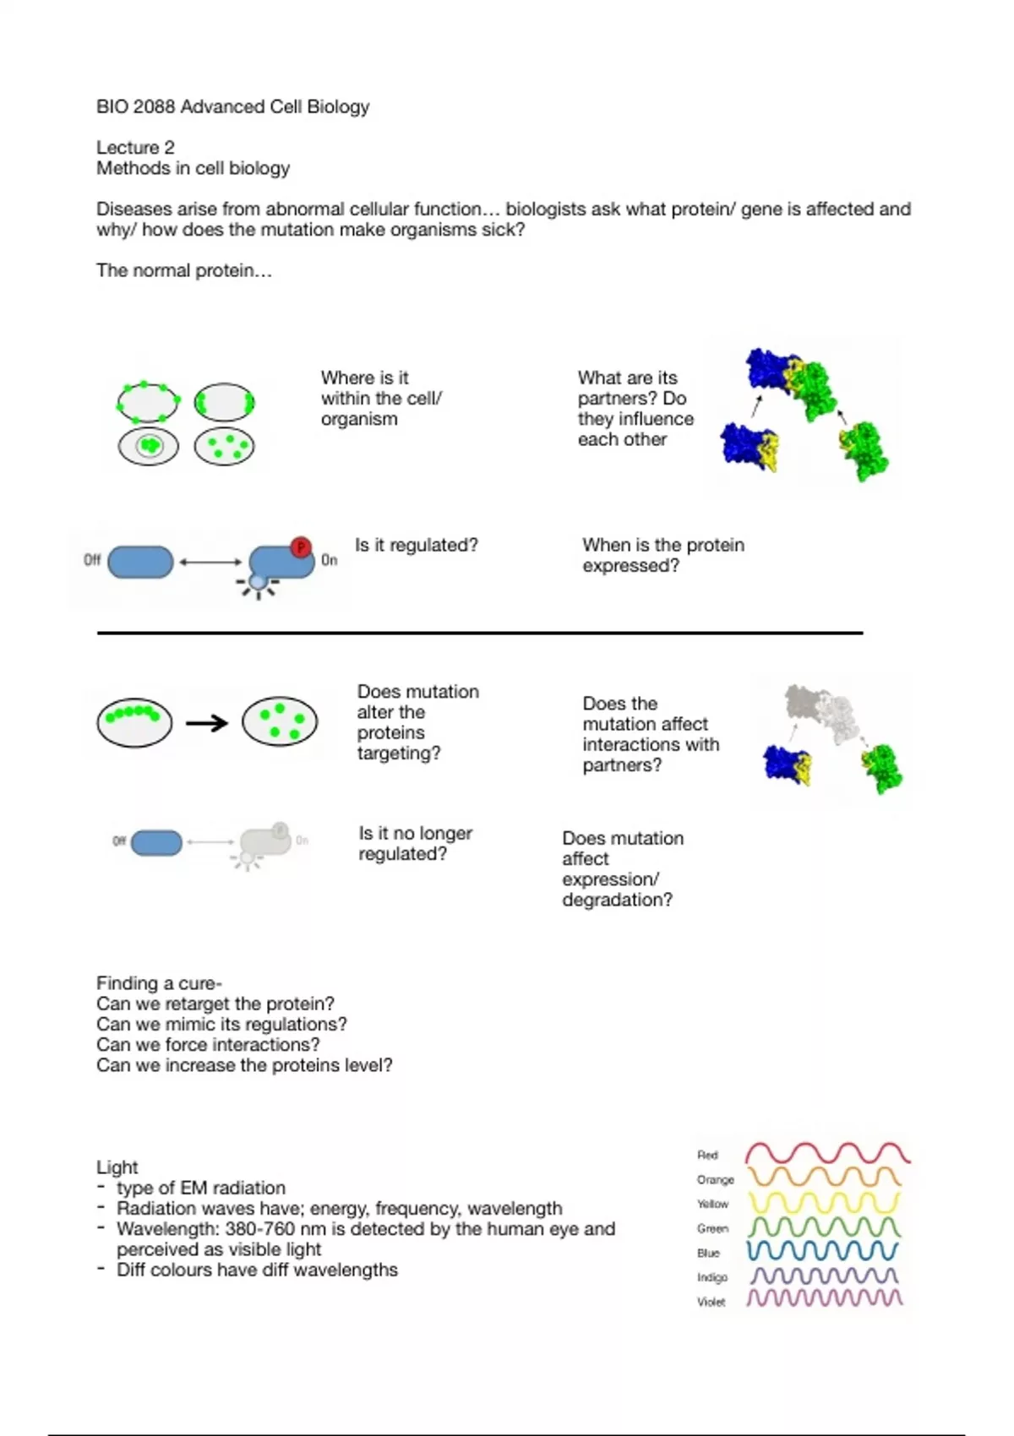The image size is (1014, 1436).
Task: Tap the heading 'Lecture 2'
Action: pyautogui.click(x=135, y=148)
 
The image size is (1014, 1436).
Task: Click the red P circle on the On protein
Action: pyautogui.click(x=300, y=547)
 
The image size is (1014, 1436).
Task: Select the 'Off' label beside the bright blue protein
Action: pyautogui.click(x=92, y=560)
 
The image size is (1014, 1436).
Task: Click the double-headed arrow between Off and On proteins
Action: pyautogui.click(x=210, y=562)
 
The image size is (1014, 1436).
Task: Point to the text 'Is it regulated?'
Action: pyautogui.click(x=416, y=546)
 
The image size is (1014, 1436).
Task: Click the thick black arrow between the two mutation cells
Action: pyautogui.click(x=207, y=723)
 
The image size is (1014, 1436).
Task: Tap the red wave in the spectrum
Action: pyautogui.click(x=826, y=1153)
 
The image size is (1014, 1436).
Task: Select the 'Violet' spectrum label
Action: pyautogui.click(x=711, y=1302)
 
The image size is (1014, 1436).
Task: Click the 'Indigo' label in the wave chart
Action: pyautogui.click(x=711, y=1277)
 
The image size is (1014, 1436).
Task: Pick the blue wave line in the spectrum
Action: pyautogui.click(x=823, y=1250)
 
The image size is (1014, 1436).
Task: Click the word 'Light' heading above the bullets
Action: pyautogui.click(x=117, y=1167)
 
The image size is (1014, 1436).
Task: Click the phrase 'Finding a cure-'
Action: pyautogui.click(x=159, y=983)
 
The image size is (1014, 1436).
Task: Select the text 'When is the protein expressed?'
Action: pyautogui.click(x=662, y=555)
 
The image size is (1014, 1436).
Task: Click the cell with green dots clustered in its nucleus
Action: pyautogui.click(x=149, y=446)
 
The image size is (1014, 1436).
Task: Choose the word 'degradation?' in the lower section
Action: pyautogui.click(x=617, y=900)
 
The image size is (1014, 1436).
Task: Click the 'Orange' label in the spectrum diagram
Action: pyautogui.click(x=715, y=1179)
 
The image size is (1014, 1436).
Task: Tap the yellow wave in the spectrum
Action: pyautogui.click(x=824, y=1202)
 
